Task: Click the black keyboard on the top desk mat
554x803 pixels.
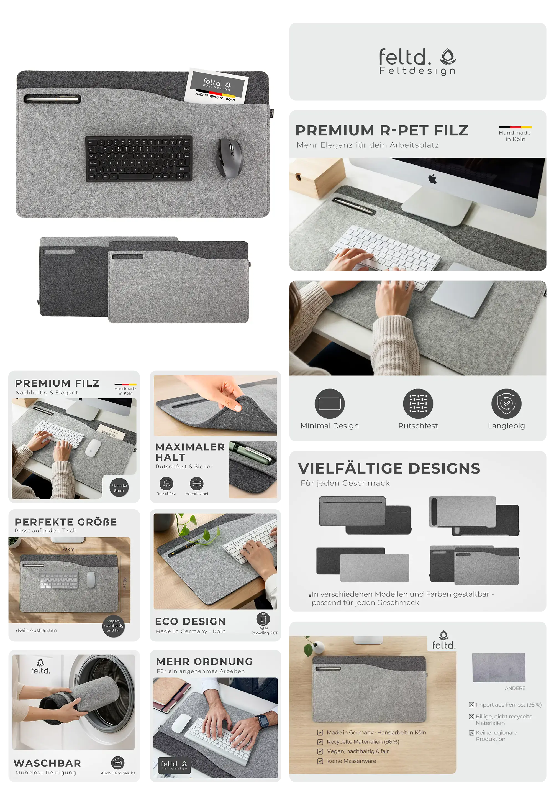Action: tap(138, 159)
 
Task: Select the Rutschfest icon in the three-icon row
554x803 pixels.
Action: tap(418, 403)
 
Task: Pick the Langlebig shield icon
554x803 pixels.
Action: tap(506, 403)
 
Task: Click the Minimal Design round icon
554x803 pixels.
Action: tap(329, 403)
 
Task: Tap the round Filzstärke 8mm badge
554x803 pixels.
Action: tap(119, 487)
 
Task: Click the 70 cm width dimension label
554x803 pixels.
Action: tap(68, 549)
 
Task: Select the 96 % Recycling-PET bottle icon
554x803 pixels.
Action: tap(263, 619)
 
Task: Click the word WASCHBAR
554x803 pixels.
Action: tap(47, 763)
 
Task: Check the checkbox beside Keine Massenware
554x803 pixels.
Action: tap(320, 761)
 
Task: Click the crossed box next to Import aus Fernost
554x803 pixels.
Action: tap(471, 705)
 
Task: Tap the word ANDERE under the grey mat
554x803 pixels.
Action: tap(515, 688)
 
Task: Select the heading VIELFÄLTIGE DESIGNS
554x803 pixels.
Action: tap(389, 468)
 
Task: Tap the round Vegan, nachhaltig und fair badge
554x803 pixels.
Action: tap(114, 626)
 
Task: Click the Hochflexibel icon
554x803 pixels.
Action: tap(196, 483)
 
